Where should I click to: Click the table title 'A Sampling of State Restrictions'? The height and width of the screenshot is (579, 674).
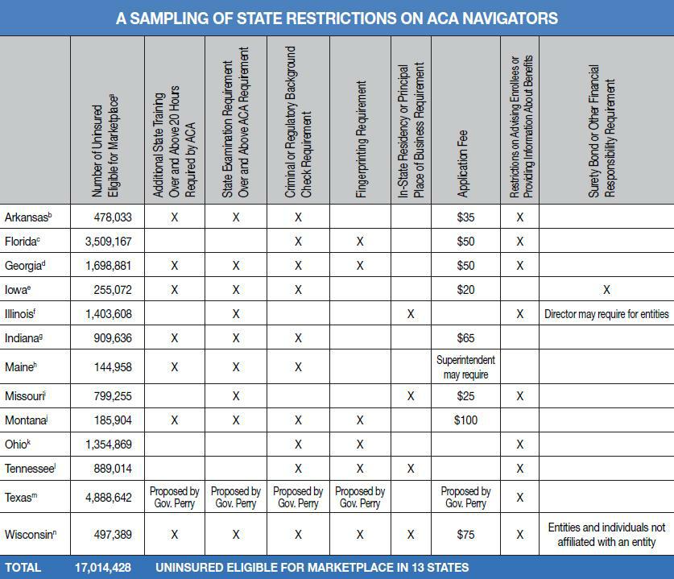pos(337,18)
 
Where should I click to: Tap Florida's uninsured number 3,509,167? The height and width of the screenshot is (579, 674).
pos(108,242)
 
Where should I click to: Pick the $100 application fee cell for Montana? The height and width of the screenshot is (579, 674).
pos(465,420)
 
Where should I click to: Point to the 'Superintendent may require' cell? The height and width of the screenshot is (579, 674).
pos(465,367)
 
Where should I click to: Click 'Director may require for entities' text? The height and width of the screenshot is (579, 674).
pos(606,314)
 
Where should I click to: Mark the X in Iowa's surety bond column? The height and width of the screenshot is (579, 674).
pos(606,290)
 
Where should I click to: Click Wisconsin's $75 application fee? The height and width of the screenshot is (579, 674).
pos(465,534)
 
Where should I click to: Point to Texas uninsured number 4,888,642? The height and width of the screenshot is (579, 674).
pos(108,498)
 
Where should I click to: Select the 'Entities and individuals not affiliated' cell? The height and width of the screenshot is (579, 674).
pos(606,534)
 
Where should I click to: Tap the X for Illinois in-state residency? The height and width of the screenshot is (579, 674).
pos(411,314)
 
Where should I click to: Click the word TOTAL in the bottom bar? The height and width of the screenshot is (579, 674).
pos(23,568)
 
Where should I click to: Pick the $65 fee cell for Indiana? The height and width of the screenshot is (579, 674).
pos(465,338)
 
